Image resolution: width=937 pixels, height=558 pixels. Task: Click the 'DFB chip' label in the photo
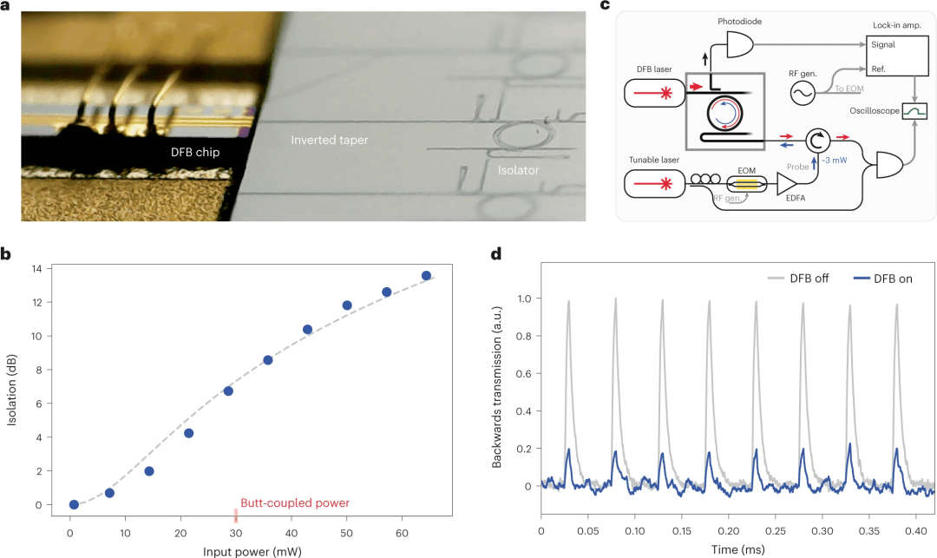point(194,149)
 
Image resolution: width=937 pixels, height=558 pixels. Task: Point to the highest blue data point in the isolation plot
point(426,276)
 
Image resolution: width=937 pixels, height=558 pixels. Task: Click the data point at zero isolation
point(74,504)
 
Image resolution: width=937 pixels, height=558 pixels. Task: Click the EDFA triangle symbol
point(787,183)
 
